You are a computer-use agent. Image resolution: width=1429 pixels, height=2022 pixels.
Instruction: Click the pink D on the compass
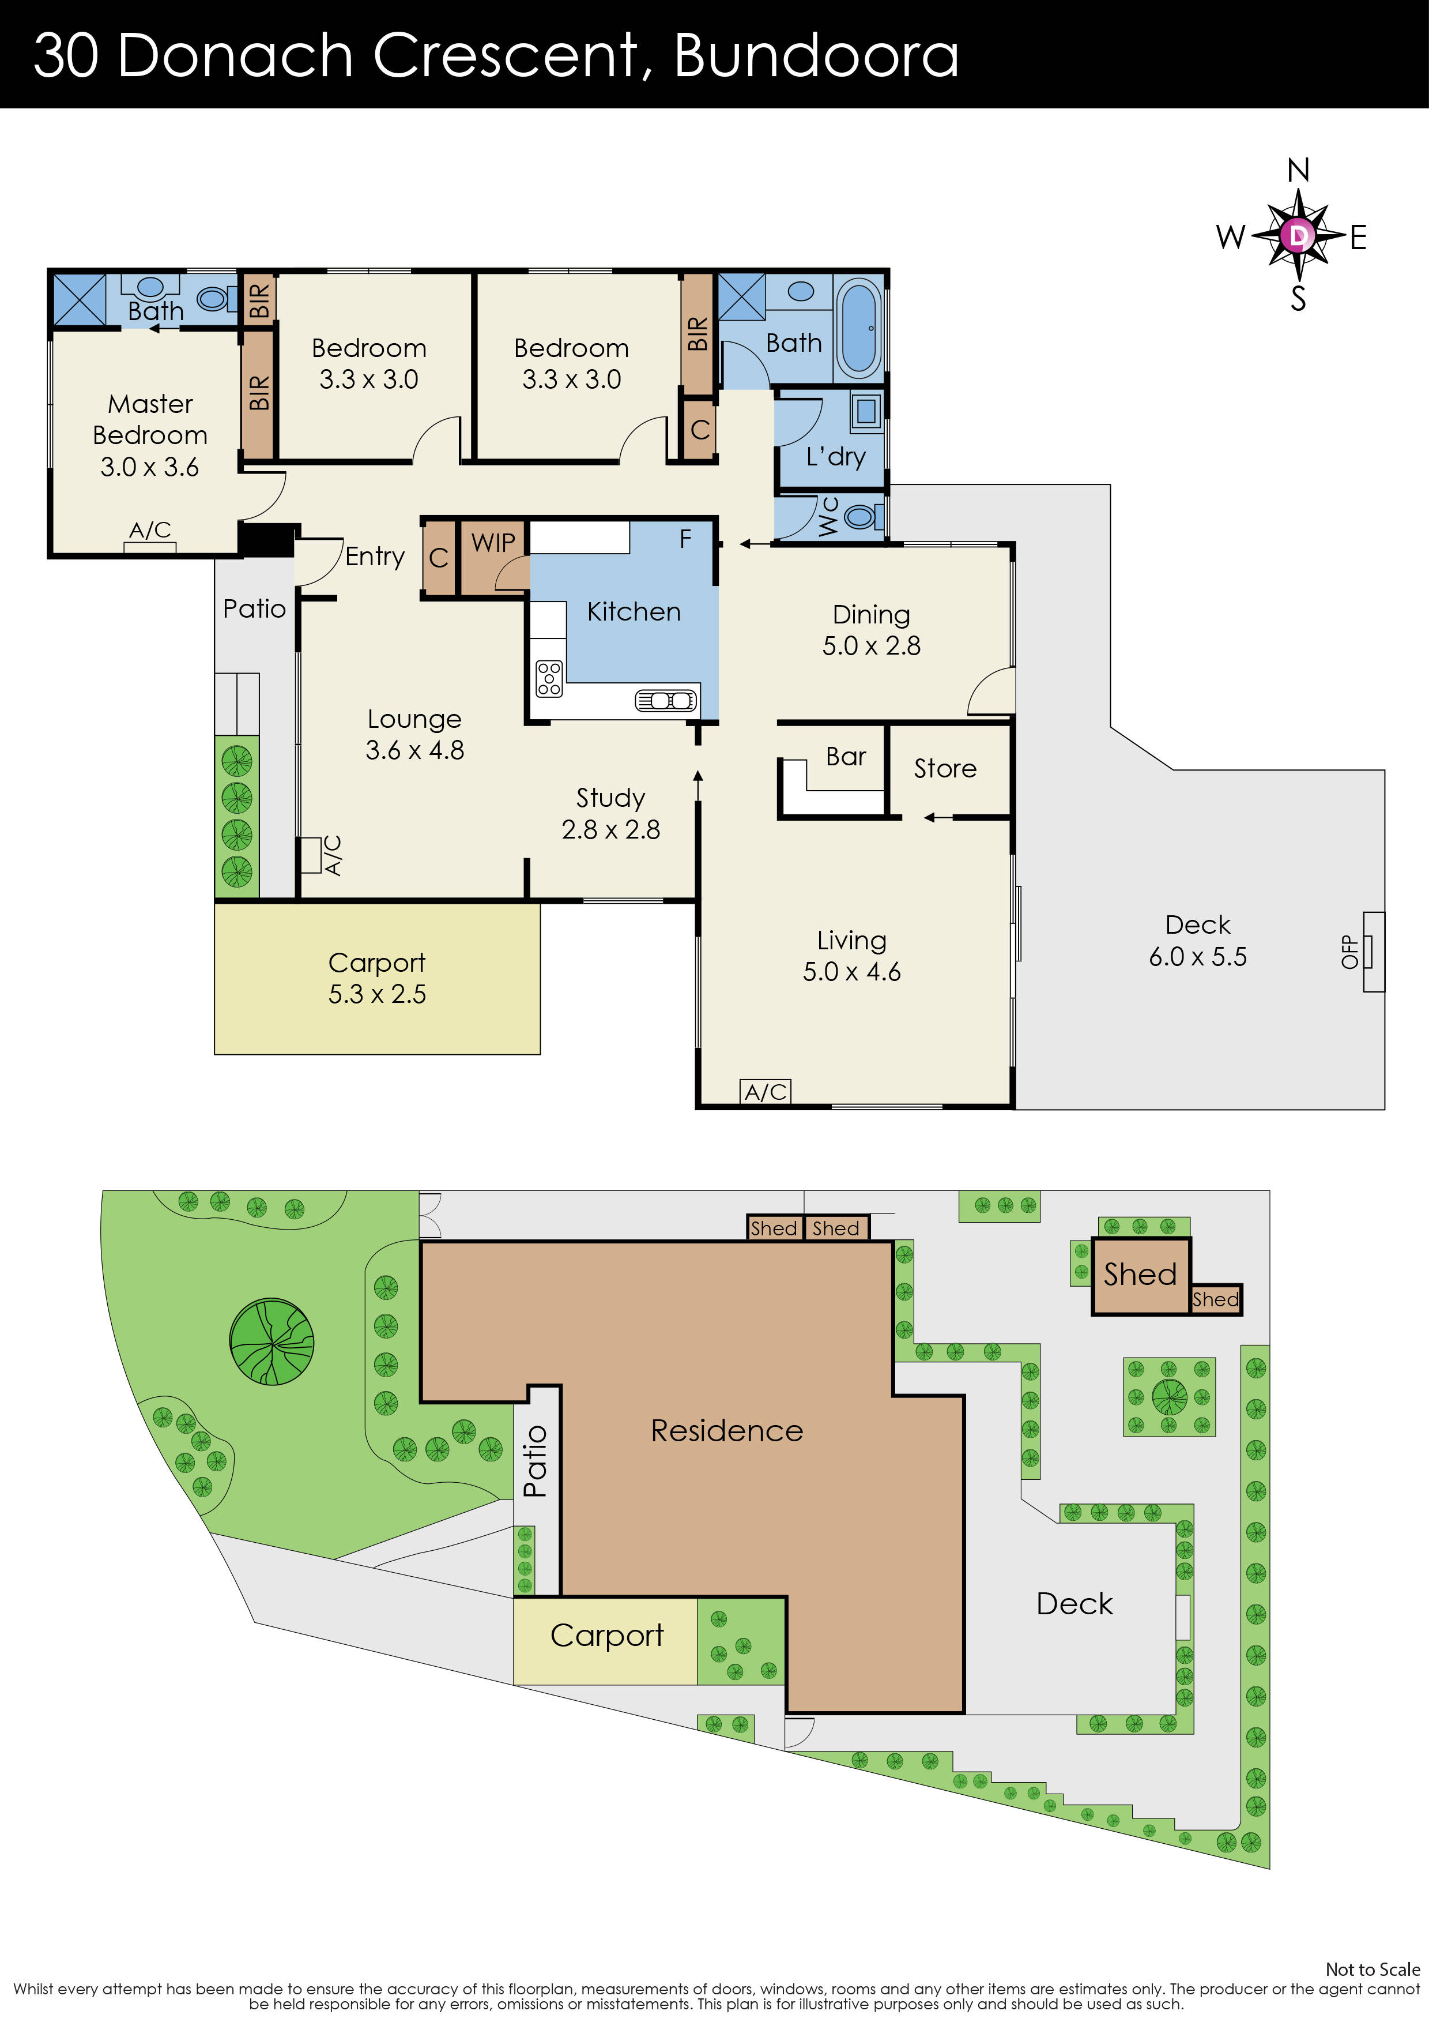click(1298, 235)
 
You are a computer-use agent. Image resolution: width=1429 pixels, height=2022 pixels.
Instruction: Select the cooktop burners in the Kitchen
click(549, 678)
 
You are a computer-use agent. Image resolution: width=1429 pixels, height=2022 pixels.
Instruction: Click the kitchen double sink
click(666, 701)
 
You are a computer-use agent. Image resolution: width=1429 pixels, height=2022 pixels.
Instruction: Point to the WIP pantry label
click(493, 543)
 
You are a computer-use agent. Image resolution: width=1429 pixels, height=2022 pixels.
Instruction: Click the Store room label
click(945, 769)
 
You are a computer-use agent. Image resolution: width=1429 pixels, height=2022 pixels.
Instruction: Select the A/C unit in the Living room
click(765, 1092)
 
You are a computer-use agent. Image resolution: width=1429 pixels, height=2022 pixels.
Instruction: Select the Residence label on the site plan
click(726, 1430)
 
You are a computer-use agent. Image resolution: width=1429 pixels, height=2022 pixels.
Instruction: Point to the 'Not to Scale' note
click(1372, 1969)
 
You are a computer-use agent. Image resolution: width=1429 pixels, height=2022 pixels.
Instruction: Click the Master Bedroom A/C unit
click(150, 546)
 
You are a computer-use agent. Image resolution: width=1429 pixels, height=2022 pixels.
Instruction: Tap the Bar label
click(845, 757)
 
